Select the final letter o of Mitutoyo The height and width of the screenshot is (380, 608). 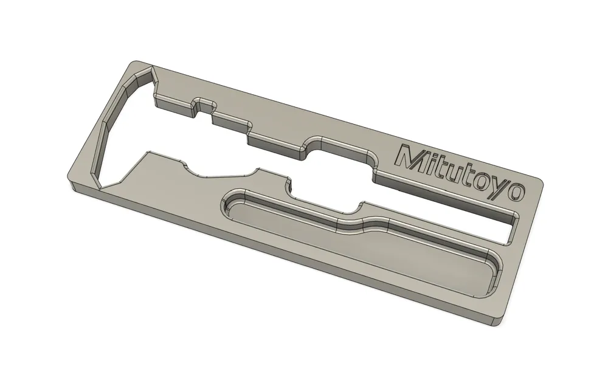[x=516, y=192]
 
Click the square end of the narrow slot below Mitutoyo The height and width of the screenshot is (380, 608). [x=513, y=229]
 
